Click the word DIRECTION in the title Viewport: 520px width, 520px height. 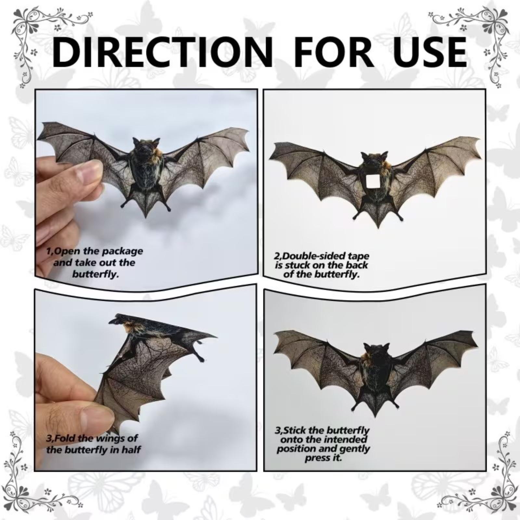pyautogui.click(x=162, y=52)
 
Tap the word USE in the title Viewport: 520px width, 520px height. pyautogui.click(x=425, y=52)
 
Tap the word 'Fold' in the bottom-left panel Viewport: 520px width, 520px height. pyautogui.click(x=65, y=438)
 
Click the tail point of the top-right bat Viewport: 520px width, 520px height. pyautogui.click(x=378, y=227)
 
